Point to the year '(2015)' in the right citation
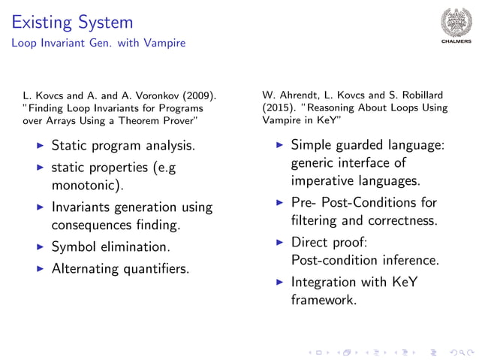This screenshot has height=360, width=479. tap(278, 107)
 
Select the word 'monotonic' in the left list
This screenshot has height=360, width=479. tap(85, 184)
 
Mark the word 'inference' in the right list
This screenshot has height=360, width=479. tap(410, 260)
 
